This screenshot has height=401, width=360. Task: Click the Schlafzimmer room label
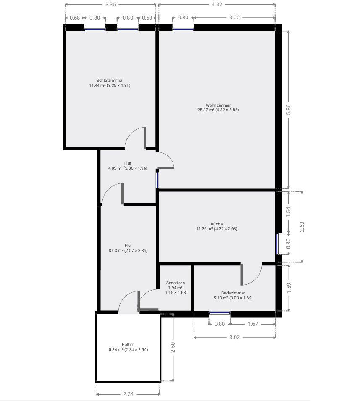point(110,80)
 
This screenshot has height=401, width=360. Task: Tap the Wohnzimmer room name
point(218,105)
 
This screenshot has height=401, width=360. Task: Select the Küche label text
point(217,224)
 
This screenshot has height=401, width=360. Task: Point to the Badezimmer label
point(233,293)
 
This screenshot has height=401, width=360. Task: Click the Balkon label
point(128,344)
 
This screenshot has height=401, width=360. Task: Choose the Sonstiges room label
point(176,283)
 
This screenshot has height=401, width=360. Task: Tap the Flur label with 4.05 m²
point(128,163)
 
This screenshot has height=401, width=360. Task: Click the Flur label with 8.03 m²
point(128,246)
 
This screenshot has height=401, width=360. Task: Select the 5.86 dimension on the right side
point(288,110)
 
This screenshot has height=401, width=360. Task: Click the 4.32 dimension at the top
point(217,4)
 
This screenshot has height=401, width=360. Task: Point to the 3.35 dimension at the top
point(110,4)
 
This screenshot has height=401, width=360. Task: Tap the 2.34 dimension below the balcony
point(128,394)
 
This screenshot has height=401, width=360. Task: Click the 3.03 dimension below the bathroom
point(234,337)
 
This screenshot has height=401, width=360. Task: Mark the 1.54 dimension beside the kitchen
point(289,212)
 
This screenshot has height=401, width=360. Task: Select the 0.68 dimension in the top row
point(75,18)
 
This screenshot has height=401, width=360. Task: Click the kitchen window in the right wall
point(277,244)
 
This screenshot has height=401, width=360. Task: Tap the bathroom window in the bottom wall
point(220,312)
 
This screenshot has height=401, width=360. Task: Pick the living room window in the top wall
point(183,29)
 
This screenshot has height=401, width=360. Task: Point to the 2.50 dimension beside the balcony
point(173,347)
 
